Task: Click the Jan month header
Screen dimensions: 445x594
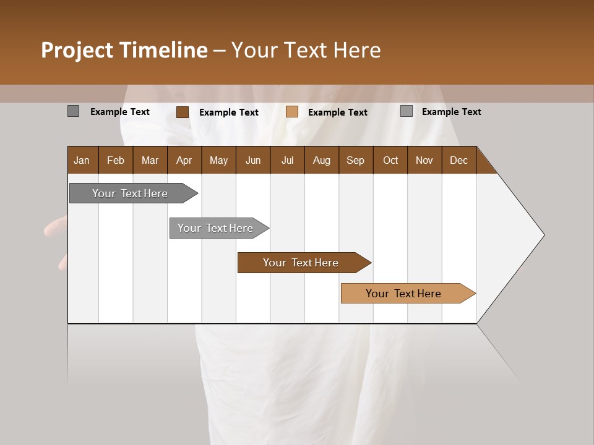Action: pos(82,160)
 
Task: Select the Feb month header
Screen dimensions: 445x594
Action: pos(116,160)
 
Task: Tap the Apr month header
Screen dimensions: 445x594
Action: pos(184,160)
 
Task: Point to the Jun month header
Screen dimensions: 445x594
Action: pos(253,160)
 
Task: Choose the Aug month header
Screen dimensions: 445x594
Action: pos(321,160)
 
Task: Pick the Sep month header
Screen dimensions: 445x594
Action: pos(355,160)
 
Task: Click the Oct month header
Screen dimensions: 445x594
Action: pos(390,160)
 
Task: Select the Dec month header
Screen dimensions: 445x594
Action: pos(458,160)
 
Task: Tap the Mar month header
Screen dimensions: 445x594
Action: pos(150,160)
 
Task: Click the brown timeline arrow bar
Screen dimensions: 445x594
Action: pos(301,263)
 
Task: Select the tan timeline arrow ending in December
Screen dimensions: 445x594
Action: pos(404,294)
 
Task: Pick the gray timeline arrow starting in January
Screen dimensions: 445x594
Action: pos(130,193)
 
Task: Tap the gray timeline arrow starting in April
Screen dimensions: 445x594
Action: pos(215,228)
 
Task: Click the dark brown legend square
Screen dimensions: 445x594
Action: pos(183,112)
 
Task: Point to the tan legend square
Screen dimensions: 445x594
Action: pos(292,112)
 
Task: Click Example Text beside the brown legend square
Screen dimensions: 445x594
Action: pos(229,112)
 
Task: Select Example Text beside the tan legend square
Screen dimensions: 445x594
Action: pos(338,112)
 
